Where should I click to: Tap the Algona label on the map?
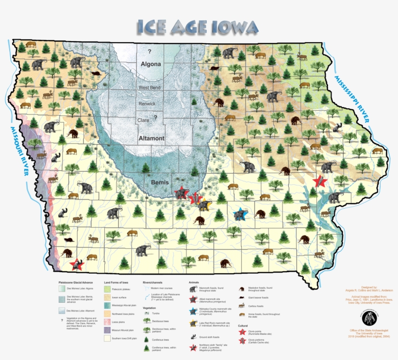[x=150, y=64]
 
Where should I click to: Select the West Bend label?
[x=150, y=88]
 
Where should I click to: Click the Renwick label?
[x=147, y=103]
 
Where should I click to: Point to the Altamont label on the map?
[x=151, y=138]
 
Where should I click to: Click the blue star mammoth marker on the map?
[x=240, y=213]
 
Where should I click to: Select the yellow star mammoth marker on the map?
[x=204, y=205]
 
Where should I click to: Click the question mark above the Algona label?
[x=149, y=51]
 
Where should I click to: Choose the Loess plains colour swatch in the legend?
[x=108, y=321]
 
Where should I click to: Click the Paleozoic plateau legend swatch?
[x=108, y=289]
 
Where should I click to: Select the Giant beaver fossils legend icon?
[x=241, y=297]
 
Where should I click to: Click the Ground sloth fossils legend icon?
[x=193, y=336]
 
